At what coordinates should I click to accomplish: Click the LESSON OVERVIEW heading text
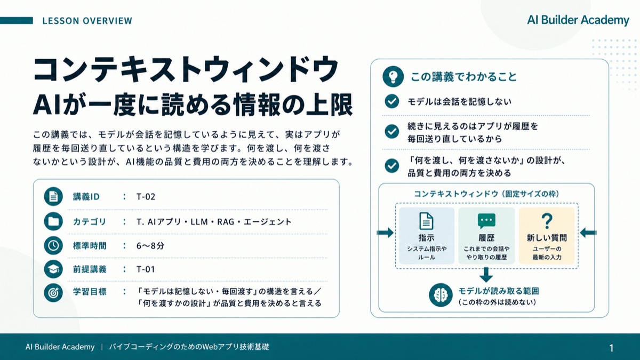coord(87,21)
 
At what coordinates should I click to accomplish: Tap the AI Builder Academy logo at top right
coord(578,20)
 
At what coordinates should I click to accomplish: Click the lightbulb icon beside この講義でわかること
coord(393,77)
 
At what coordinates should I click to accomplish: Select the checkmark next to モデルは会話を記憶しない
coord(391,101)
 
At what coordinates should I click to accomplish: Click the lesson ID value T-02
coord(146,197)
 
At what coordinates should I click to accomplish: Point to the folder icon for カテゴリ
coord(53,221)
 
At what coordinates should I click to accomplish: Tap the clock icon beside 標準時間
coord(53,245)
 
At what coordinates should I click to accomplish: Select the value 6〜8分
coord(150,246)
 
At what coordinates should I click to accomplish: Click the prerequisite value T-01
coord(146,269)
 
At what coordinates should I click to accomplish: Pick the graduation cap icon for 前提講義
coord(53,269)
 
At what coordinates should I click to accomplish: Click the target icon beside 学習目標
coord(53,293)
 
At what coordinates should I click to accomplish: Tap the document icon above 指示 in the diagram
coord(426,221)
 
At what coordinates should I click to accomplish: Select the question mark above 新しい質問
coord(547,221)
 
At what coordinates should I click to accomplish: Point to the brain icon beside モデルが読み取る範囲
coord(441,295)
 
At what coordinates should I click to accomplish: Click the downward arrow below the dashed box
coord(486,275)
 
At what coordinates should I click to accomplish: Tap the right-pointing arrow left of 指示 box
coord(385,233)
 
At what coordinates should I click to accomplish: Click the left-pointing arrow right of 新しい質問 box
coord(588,233)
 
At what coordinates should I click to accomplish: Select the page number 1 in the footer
coord(611,348)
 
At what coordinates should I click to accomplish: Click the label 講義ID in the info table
coord(86,197)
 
